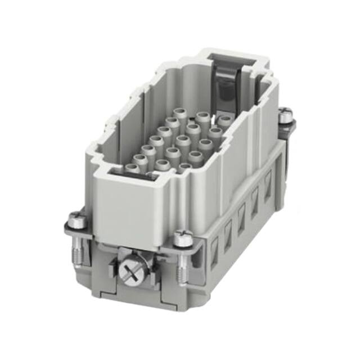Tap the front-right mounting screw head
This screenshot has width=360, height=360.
click(182, 239)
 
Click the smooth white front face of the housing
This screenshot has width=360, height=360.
click(129, 208)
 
